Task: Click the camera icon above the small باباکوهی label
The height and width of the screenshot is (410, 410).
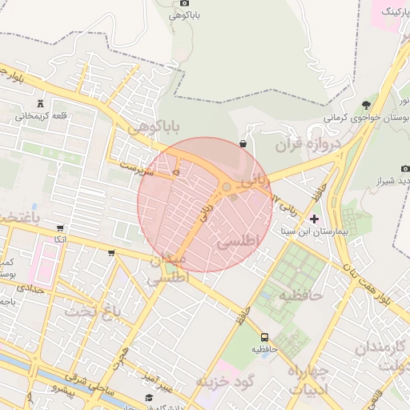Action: (185, 2)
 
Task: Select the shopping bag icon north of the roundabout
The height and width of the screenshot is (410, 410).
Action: (243, 143)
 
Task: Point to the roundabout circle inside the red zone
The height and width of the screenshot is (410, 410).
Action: (227, 187)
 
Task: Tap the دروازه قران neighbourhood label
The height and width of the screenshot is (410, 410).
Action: (308, 145)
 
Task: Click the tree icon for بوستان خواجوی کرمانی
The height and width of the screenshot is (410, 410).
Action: (366, 104)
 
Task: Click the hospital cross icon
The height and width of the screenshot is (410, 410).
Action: (314, 218)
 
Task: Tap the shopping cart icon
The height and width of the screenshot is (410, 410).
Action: (111, 253)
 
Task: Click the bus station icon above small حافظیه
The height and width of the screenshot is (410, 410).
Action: (264, 336)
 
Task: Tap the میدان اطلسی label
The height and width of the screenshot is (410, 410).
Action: (167, 269)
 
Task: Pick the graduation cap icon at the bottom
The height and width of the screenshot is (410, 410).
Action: (148, 398)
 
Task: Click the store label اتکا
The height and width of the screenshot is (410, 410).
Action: (60, 240)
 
